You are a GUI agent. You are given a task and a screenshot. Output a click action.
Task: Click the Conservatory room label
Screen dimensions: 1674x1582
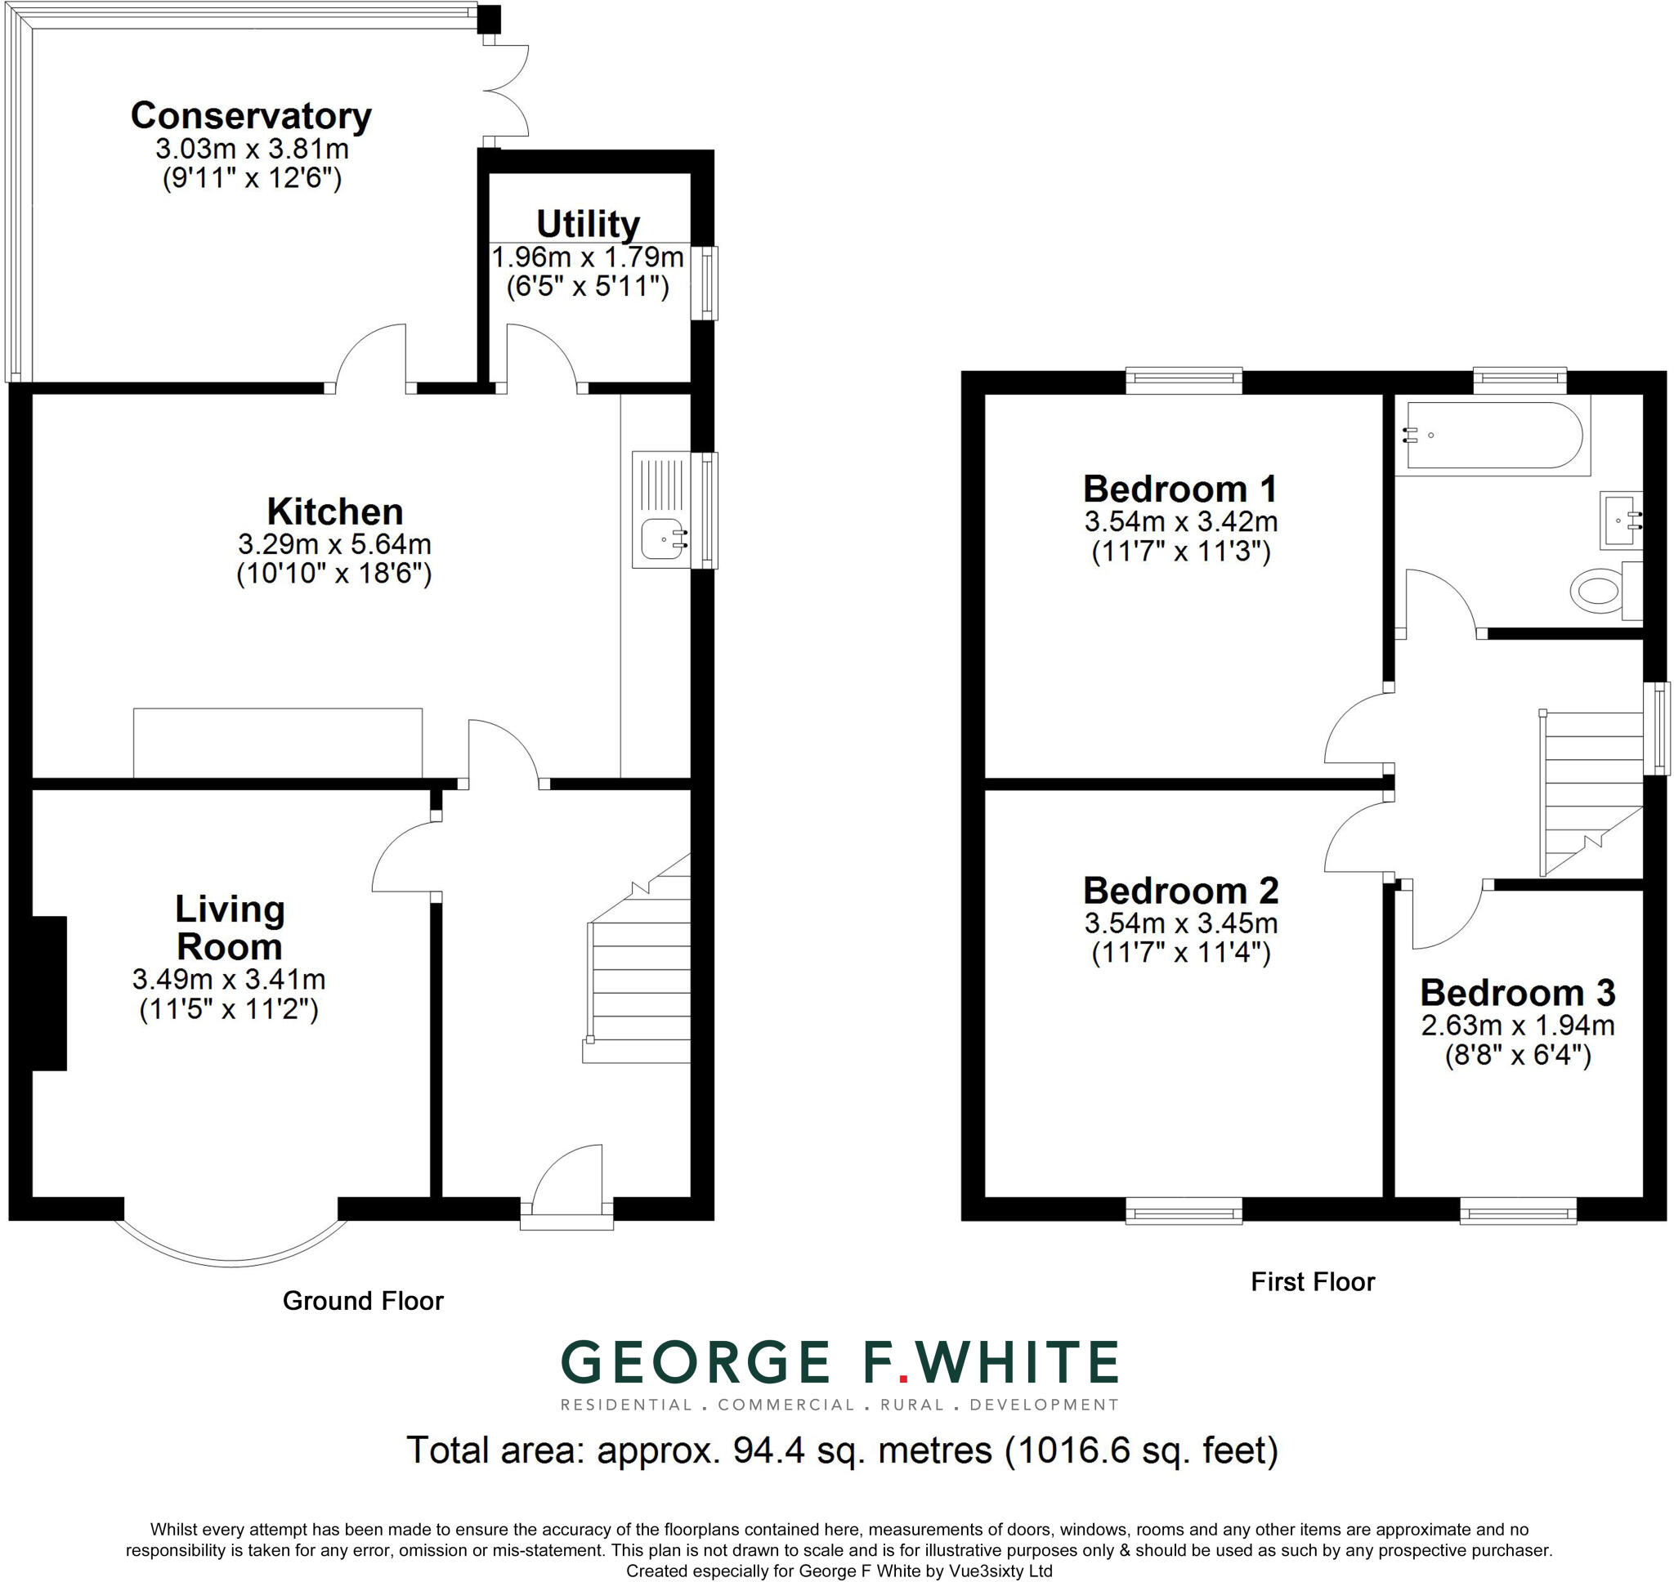click(251, 116)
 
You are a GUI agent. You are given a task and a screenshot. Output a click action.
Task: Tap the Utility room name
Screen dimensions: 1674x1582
click(588, 225)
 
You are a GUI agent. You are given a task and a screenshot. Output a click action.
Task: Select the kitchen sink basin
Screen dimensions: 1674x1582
click(665, 538)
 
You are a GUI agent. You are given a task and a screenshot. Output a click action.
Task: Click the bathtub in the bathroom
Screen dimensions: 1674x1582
click(1492, 436)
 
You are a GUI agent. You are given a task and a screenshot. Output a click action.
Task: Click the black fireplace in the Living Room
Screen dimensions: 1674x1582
click(49, 993)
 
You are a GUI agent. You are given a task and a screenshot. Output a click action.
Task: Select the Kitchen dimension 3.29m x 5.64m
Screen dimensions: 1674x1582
click(335, 543)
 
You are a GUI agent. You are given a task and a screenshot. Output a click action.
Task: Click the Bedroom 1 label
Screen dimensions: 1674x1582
click(1179, 489)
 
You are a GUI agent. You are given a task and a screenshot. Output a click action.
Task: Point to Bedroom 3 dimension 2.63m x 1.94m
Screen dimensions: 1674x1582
click(1517, 1026)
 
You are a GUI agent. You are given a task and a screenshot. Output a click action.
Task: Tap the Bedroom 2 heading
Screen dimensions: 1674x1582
click(1180, 891)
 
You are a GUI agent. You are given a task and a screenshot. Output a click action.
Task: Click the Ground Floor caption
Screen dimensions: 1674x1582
click(363, 1300)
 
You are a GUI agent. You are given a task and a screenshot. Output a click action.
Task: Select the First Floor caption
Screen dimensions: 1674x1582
click(1312, 1282)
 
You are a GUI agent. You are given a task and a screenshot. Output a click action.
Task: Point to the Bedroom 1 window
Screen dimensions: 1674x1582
click(1184, 380)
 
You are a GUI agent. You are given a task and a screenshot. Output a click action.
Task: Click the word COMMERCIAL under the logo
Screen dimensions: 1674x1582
click(786, 1405)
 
